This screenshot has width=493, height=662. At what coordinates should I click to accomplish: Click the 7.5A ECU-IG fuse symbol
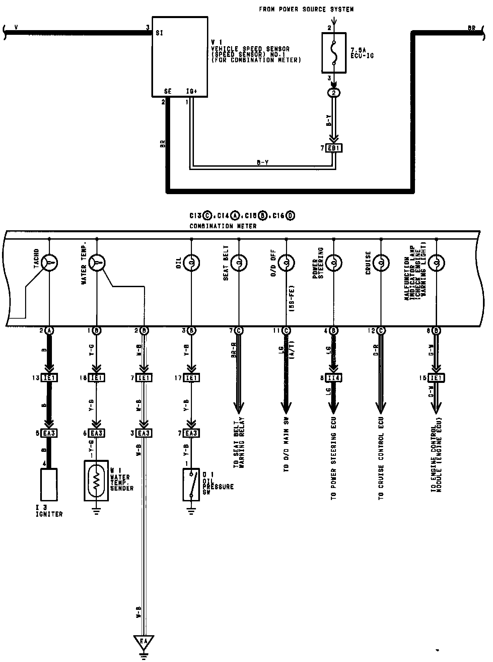click(x=334, y=53)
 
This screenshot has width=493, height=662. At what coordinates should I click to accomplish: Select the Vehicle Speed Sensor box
click(x=180, y=57)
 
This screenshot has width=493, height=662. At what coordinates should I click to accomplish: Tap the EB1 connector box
click(x=334, y=148)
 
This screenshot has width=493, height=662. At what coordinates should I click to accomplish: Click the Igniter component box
click(x=49, y=484)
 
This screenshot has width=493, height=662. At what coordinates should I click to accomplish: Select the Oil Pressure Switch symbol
click(x=191, y=484)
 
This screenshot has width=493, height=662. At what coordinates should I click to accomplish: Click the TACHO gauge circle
click(x=50, y=263)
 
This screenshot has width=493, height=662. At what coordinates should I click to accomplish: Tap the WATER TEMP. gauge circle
click(x=97, y=263)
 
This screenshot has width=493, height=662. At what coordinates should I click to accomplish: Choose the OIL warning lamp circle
click(x=192, y=263)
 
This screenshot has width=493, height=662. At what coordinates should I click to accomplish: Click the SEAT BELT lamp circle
click(x=239, y=263)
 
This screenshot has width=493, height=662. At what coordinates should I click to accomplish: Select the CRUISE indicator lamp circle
click(x=381, y=263)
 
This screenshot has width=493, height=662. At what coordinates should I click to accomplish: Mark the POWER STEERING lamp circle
click(x=334, y=263)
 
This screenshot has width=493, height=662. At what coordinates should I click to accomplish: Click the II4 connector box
click(x=334, y=378)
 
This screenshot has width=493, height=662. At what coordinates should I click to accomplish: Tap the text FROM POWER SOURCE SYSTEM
click(x=306, y=9)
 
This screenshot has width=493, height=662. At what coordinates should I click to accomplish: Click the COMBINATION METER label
click(x=223, y=226)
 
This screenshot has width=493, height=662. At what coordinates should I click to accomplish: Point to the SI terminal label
click(x=159, y=33)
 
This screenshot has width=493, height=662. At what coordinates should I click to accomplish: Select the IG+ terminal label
click(x=191, y=91)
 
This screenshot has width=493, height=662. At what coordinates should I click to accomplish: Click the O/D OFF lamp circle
click(x=286, y=263)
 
